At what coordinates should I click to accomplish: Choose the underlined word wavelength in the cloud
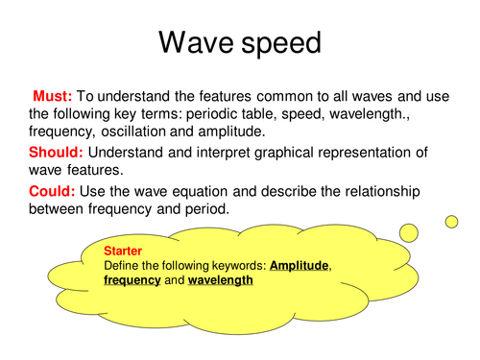[x=220, y=280]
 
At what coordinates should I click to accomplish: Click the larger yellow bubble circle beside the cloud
[x=409, y=232]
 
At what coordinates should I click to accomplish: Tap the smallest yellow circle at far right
[x=450, y=221]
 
